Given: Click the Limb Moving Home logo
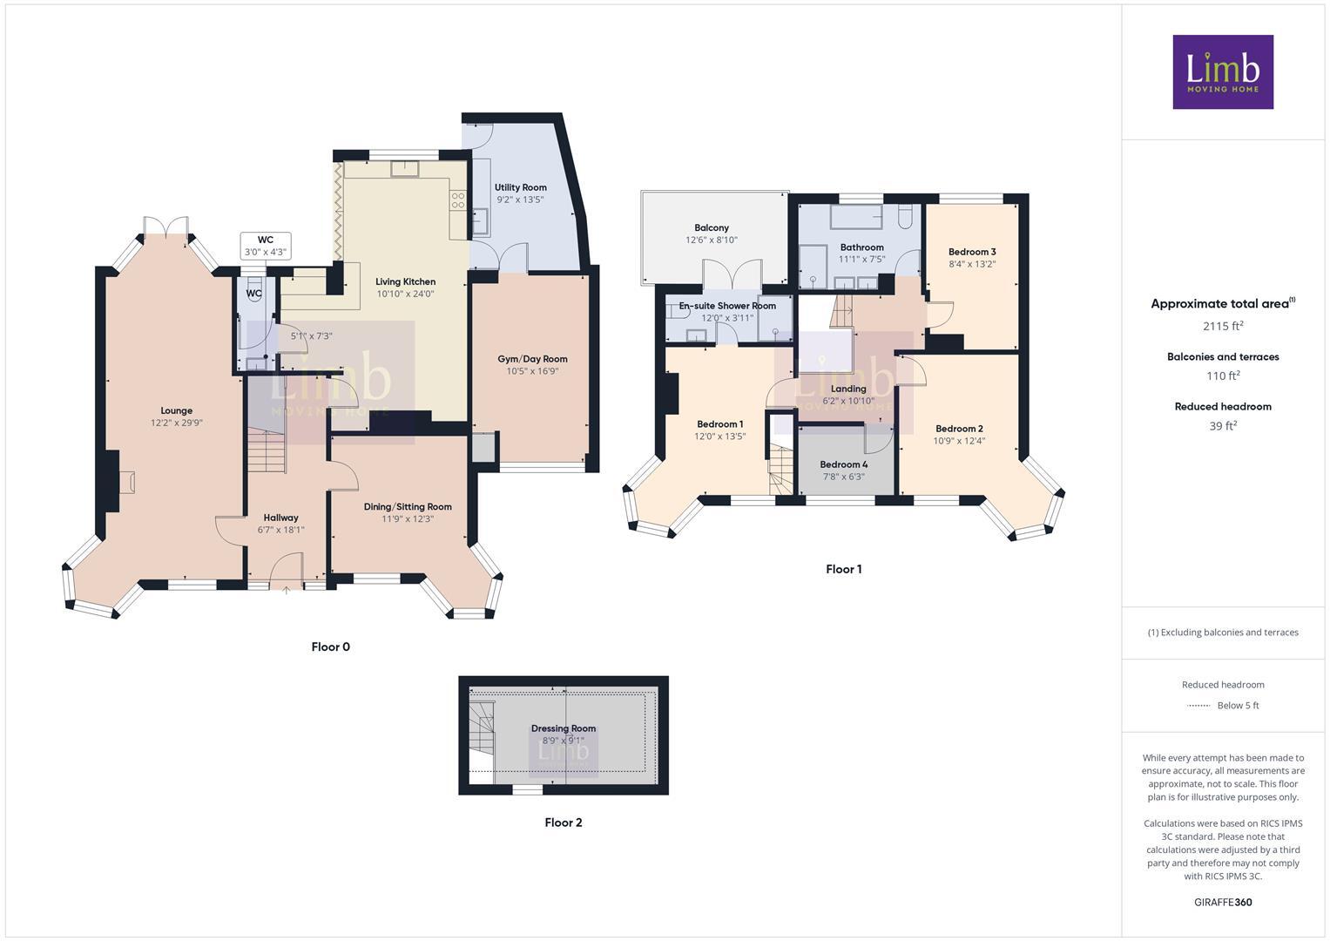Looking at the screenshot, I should click(x=1222, y=71).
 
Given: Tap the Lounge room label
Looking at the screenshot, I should click(x=176, y=410).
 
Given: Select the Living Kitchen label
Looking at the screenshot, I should click(x=405, y=281).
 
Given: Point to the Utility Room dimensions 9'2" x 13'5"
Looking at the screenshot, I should click(x=520, y=200).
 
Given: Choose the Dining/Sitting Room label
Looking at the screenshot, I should click(x=408, y=506).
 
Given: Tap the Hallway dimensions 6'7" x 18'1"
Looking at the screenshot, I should click(x=280, y=530).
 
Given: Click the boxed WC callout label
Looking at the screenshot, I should click(x=266, y=246).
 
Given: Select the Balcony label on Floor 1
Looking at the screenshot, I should click(x=712, y=227).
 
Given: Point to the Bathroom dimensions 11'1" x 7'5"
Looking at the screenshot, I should click(x=861, y=259).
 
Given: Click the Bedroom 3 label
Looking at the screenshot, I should click(x=972, y=252).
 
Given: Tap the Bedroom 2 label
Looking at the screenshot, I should click(x=959, y=429).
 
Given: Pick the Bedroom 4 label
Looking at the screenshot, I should click(x=843, y=464).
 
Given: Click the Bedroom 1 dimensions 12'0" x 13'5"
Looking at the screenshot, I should click(x=719, y=437).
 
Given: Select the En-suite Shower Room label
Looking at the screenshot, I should click(x=727, y=306).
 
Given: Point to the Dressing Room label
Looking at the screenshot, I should click(x=564, y=728).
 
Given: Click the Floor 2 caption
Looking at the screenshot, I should click(x=563, y=823).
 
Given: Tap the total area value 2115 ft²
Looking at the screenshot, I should click(x=1223, y=327).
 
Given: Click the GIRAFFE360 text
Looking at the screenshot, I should click(x=1223, y=903).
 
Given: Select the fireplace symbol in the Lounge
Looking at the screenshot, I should click(x=125, y=481).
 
